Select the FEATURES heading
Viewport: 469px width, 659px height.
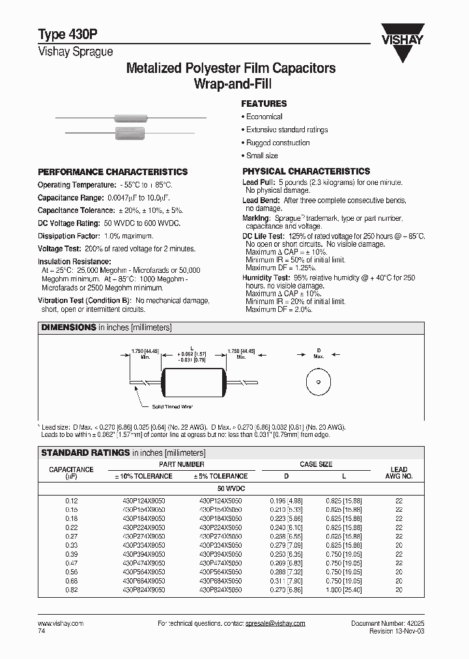[264, 104]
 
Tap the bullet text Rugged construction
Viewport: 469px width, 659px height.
[277, 143]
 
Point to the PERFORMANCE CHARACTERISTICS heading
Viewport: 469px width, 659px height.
[113, 172]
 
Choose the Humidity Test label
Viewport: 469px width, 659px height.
[263, 278]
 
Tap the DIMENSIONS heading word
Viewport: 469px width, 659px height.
[68, 328]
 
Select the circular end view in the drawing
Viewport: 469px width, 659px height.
[319, 382]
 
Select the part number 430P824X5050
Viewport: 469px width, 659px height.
[220, 589]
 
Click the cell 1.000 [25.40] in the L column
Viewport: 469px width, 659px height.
[344, 589]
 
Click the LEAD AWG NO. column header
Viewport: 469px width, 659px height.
[399, 472]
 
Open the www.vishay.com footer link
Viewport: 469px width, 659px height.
[61, 623]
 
